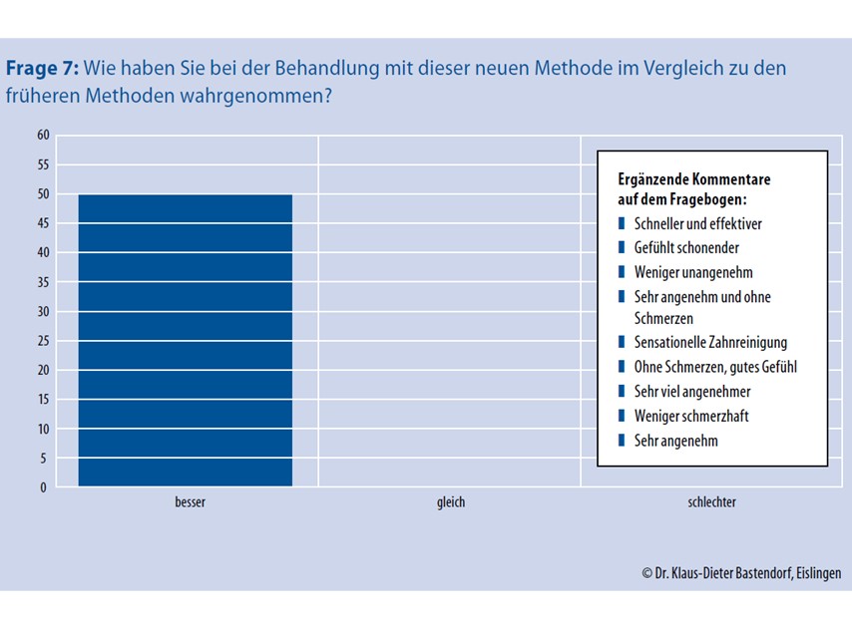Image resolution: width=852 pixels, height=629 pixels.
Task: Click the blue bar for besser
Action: [x=186, y=340]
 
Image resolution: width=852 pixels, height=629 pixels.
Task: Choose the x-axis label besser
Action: [x=190, y=502]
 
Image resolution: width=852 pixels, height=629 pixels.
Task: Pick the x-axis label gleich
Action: [x=451, y=502]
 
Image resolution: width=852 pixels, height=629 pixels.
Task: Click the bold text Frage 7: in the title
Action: [x=42, y=69]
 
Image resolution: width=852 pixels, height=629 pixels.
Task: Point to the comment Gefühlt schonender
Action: [x=686, y=248]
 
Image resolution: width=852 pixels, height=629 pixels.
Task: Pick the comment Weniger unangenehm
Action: [x=692, y=272]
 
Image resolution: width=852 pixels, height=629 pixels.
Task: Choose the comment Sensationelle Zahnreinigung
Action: [x=709, y=343]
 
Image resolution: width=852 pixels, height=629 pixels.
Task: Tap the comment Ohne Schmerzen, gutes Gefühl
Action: [x=715, y=367]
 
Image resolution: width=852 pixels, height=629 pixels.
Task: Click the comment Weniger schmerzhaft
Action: [x=691, y=415]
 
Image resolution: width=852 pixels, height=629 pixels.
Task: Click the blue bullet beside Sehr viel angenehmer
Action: [x=623, y=391]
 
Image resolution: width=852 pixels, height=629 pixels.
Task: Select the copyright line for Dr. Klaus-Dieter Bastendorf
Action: [x=741, y=573]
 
